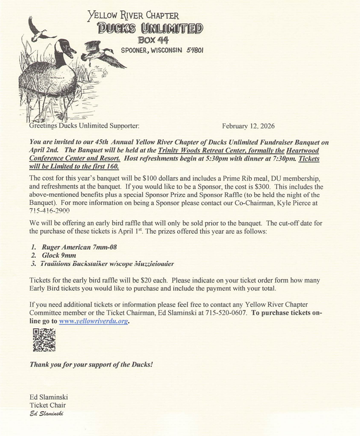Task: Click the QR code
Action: (x=45, y=340)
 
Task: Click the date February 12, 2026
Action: (x=248, y=126)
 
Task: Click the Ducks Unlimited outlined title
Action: (x=150, y=29)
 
